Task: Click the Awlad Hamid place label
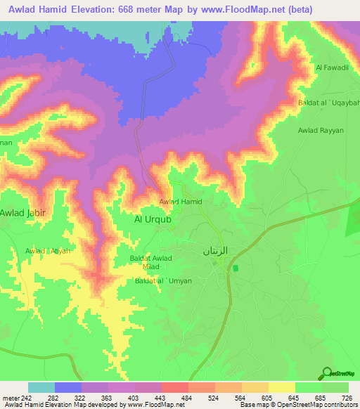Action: tap(181, 202)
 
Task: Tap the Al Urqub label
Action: tap(153, 219)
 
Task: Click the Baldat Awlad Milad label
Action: tap(151, 262)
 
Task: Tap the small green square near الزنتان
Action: tap(236, 268)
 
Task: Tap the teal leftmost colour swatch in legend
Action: tap(41, 387)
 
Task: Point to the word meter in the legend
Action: tap(10, 398)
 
